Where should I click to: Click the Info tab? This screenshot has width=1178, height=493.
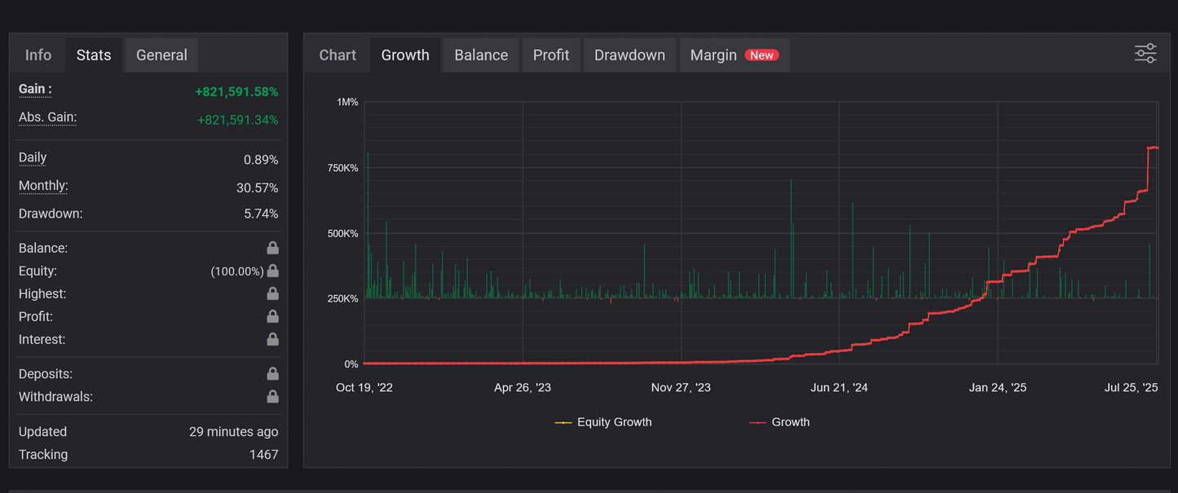tap(38, 55)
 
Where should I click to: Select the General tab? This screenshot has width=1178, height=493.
tap(161, 55)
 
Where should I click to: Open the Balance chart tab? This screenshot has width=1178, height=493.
tap(481, 55)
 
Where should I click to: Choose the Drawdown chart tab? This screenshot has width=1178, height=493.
tap(629, 55)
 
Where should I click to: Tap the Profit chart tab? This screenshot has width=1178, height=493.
tap(551, 55)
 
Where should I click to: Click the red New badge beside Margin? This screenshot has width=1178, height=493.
tap(761, 55)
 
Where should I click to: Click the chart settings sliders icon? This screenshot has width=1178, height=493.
tap(1145, 54)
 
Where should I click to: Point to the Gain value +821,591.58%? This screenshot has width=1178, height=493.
tap(236, 92)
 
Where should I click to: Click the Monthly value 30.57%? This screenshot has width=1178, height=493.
tap(257, 188)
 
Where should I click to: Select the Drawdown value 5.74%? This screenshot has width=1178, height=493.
tap(261, 214)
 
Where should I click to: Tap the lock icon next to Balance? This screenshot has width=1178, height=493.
tap(272, 248)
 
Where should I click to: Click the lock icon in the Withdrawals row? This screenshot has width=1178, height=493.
tap(272, 397)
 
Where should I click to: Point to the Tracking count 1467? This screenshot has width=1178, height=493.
tap(263, 455)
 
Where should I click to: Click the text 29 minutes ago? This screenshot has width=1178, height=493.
tap(233, 432)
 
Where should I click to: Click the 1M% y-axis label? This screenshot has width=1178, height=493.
tap(346, 102)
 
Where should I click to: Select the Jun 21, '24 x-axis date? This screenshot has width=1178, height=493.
tap(839, 388)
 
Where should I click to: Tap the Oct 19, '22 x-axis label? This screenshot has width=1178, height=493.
tap(364, 388)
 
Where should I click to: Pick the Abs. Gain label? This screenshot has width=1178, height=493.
tap(47, 117)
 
